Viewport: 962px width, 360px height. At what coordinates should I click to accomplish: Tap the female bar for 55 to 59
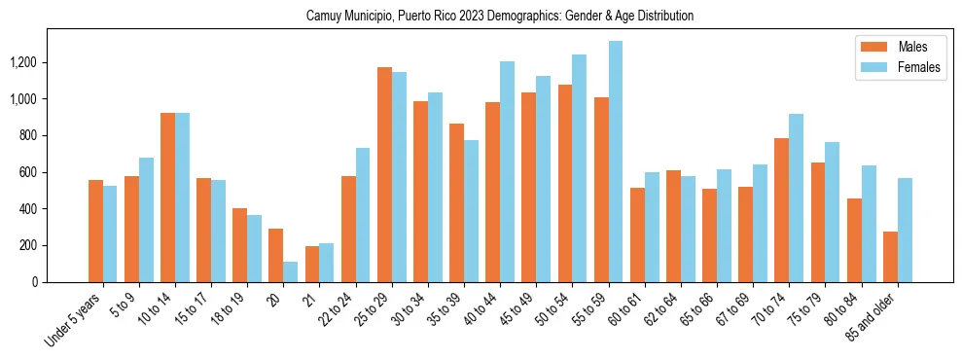click(x=616, y=162)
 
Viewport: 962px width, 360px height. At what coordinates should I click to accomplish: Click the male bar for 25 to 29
click(x=384, y=174)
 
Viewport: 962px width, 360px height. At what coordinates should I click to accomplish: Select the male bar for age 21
click(x=312, y=264)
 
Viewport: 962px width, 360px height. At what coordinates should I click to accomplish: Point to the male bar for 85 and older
click(x=890, y=257)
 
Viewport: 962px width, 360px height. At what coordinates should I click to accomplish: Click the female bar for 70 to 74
click(x=797, y=198)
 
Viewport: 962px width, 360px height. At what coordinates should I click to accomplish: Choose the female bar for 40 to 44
click(x=507, y=171)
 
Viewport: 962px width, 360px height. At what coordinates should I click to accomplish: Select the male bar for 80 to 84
click(x=854, y=240)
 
